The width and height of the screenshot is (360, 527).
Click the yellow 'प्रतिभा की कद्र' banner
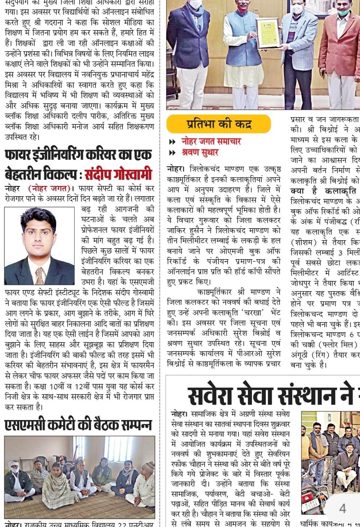coord(219,124)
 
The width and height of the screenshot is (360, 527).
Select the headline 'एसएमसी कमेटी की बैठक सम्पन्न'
coord(78,425)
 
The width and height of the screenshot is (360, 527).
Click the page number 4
coord(343,508)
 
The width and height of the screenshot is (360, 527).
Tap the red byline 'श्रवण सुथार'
coord(200,152)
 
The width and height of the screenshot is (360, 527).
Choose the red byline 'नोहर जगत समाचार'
coord(211,141)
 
